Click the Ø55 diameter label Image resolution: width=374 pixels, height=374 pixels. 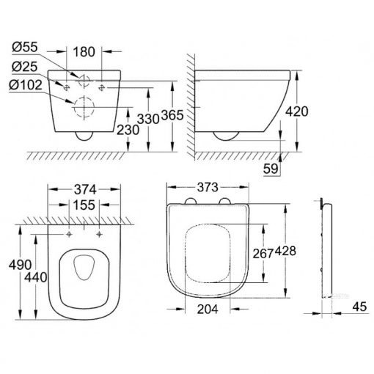[x=25, y=47]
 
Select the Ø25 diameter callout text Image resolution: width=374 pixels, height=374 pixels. [x=25, y=67]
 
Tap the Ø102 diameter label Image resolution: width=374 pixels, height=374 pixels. [x=26, y=85]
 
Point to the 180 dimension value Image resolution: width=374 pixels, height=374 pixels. [x=84, y=52]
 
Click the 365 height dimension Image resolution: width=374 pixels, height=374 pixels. [x=172, y=115]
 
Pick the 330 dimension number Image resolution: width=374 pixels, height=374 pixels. [x=148, y=119]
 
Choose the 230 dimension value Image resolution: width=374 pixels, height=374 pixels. [x=128, y=130]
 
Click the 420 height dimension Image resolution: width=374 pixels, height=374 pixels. [x=297, y=111]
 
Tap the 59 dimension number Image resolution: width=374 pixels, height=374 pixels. [x=271, y=169]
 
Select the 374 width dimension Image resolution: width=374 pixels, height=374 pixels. [x=85, y=189]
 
